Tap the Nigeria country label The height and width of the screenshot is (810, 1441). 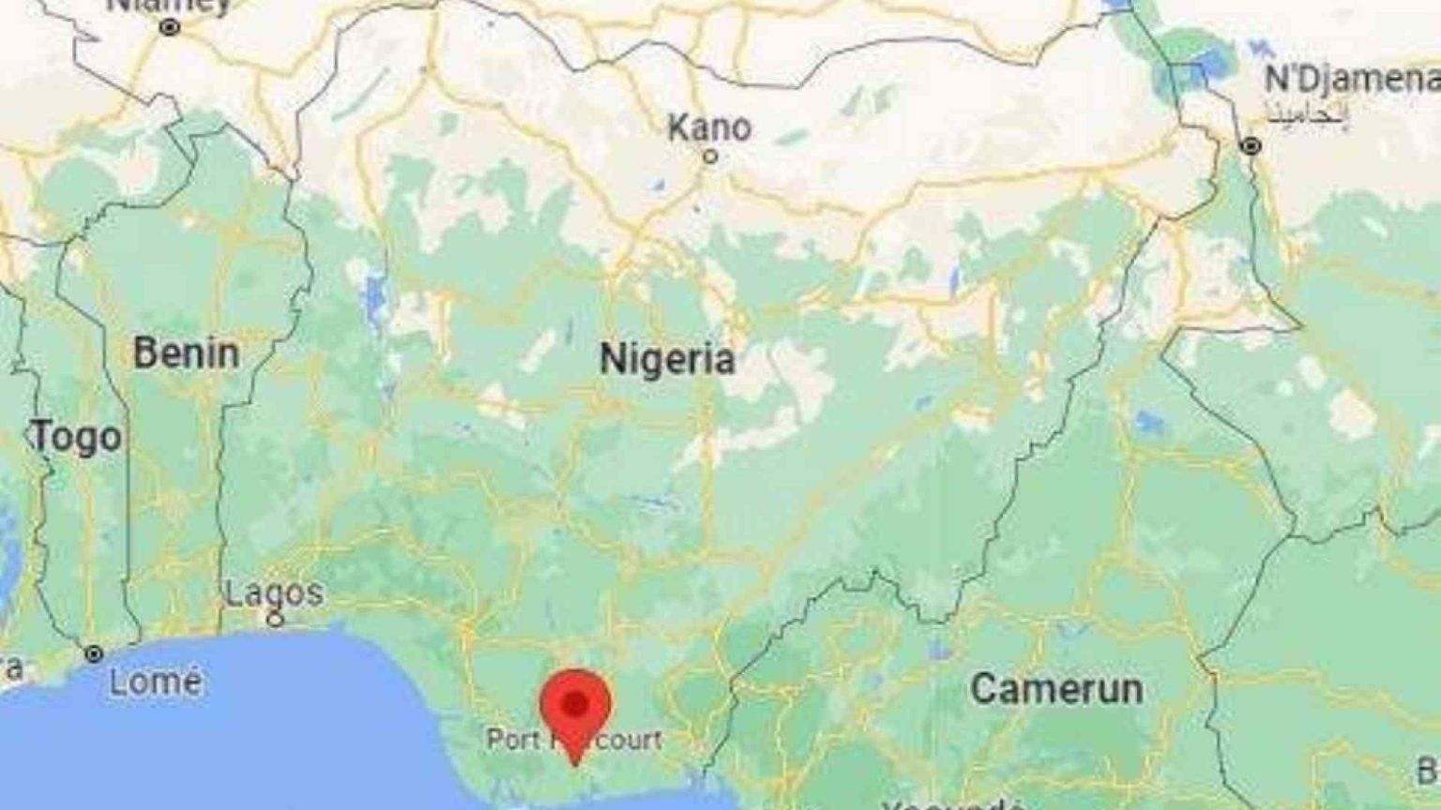[x=667, y=359]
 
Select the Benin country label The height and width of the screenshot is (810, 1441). [x=186, y=353]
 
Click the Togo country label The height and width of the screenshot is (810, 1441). [x=77, y=437]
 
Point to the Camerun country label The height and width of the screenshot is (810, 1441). [x=1056, y=689]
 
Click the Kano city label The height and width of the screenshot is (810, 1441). [x=709, y=127]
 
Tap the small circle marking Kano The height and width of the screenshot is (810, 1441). [x=710, y=157]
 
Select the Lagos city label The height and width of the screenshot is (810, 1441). [x=274, y=592]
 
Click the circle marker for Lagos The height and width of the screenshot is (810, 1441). [x=275, y=619]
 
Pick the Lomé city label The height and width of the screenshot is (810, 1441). [x=155, y=682]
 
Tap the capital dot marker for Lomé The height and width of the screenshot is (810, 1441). [x=94, y=653]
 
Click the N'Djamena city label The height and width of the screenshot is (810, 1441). [x=1351, y=80]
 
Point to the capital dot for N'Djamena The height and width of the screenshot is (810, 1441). [x=1251, y=146]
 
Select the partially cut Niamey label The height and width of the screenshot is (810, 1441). [x=169, y=6]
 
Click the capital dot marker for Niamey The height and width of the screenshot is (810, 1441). [x=170, y=28]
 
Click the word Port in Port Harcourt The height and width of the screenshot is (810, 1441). [x=512, y=740]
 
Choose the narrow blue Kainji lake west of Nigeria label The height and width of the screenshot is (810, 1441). [x=376, y=295]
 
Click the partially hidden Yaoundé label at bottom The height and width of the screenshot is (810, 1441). [x=952, y=804]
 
